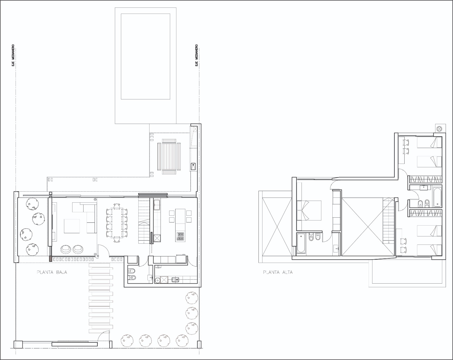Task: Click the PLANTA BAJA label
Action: (x=52, y=272)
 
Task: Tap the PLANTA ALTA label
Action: (x=278, y=272)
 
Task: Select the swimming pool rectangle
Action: (x=146, y=56)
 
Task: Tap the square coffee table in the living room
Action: (x=72, y=226)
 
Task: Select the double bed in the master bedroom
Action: (x=309, y=210)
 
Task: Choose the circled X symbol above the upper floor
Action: (x=439, y=129)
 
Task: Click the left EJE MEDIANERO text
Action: (x=13, y=55)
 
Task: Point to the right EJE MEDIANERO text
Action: (x=196, y=55)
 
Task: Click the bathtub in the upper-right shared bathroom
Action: (x=437, y=196)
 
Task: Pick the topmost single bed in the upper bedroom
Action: (x=430, y=142)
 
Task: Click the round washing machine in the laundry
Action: (x=157, y=280)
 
